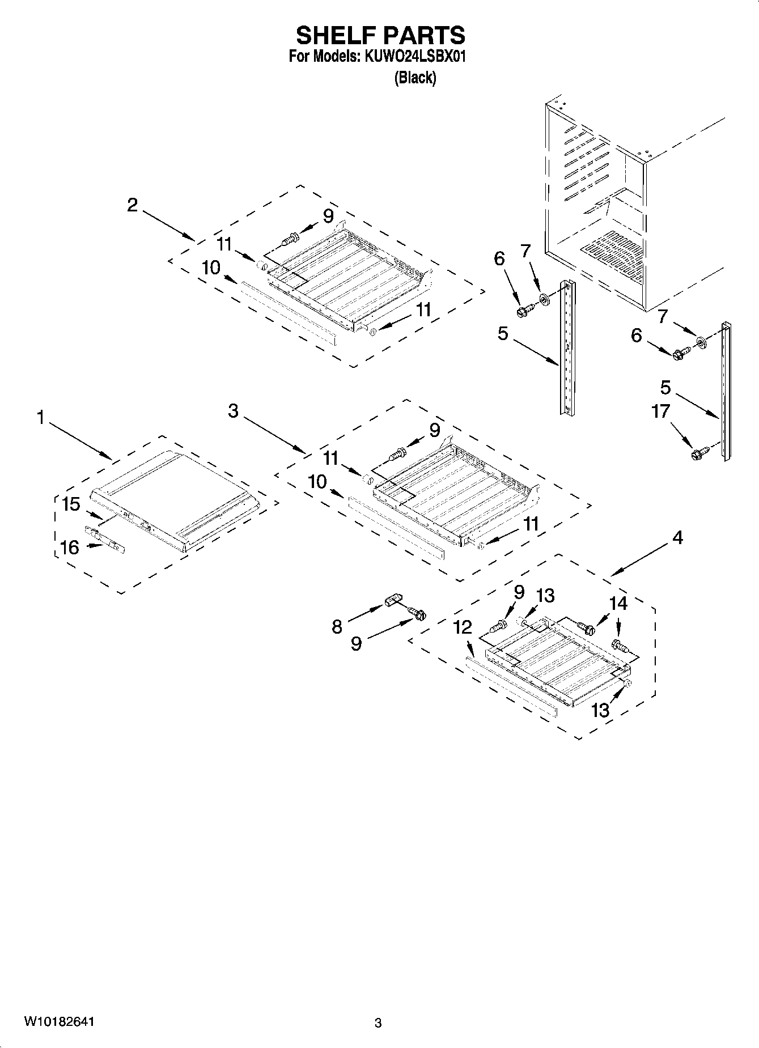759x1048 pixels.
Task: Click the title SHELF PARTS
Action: pos(380,35)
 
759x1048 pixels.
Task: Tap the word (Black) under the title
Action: pos(415,78)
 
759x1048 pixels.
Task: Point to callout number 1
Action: pos(40,418)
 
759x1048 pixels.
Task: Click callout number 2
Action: pos(132,205)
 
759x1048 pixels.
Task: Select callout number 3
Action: pos(234,411)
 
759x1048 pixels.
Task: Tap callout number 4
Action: pos(678,537)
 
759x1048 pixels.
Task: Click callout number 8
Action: pos(337,626)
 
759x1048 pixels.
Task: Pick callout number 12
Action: pos(463,627)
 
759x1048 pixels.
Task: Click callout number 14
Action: pos(618,603)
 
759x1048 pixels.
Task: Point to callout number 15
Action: pos(71,504)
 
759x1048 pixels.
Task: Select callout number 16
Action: pos(70,547)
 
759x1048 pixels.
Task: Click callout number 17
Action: pos(661,411)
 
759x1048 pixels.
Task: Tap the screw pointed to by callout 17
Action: pos(699,452)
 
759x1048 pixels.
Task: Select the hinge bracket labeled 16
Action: pos(104,539)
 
